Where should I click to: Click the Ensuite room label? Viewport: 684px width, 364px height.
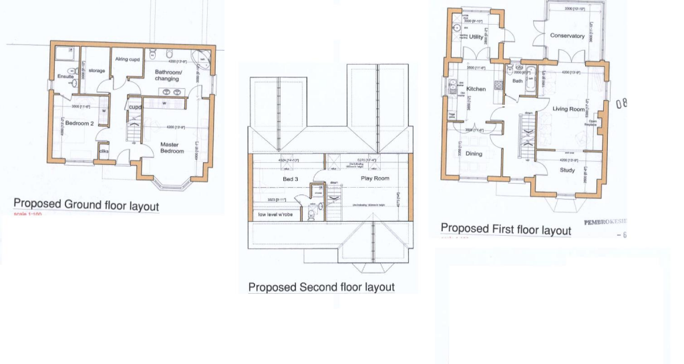click(x=65, y=76)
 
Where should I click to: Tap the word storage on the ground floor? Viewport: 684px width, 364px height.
click(x=97, y=70)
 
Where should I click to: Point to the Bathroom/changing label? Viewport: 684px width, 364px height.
click(x=167, y=75)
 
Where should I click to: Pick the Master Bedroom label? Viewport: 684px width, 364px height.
click(x=172, y=147)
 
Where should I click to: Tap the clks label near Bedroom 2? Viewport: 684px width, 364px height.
click(x=104, y=151)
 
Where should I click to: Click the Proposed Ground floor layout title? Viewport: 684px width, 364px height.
click(x=86, y=204)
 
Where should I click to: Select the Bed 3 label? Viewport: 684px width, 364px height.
click(x=291, y=179)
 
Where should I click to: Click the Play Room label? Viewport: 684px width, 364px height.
click(x=375, y=179)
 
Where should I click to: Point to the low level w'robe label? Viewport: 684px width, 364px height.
click(x=275, y=214)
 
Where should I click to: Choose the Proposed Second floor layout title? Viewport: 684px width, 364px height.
click(x=321, y=287)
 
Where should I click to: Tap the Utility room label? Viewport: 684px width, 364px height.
click(x=476, y=37)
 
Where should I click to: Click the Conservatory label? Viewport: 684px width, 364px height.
click(x=567, y=36)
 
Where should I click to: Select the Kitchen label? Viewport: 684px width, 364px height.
click(x=476, y=89)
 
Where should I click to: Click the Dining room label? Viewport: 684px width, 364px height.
click(x=474, y=154)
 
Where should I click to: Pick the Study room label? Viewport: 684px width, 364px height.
click(x=568, y=170)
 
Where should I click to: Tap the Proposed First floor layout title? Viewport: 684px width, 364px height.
click(x=506, y=229)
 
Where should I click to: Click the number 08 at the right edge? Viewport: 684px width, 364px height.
click(x=623, y=104)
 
